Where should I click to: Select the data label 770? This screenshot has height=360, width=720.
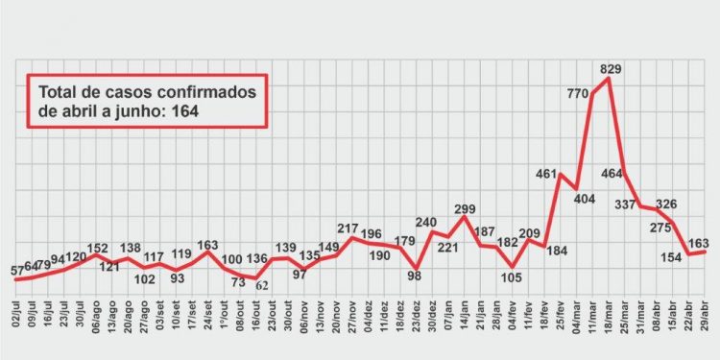[x=577, y=93]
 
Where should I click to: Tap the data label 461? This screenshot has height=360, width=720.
[x=546, y=175]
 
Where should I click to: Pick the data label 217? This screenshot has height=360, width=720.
[x=348, y=228]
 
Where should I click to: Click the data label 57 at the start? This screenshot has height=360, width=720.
[x=17, y=272]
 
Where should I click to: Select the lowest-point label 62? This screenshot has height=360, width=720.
[x=262, y=285]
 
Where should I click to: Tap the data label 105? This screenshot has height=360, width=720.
[x=510, y=277]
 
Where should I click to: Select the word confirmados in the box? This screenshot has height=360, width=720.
[x=201, y=92]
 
